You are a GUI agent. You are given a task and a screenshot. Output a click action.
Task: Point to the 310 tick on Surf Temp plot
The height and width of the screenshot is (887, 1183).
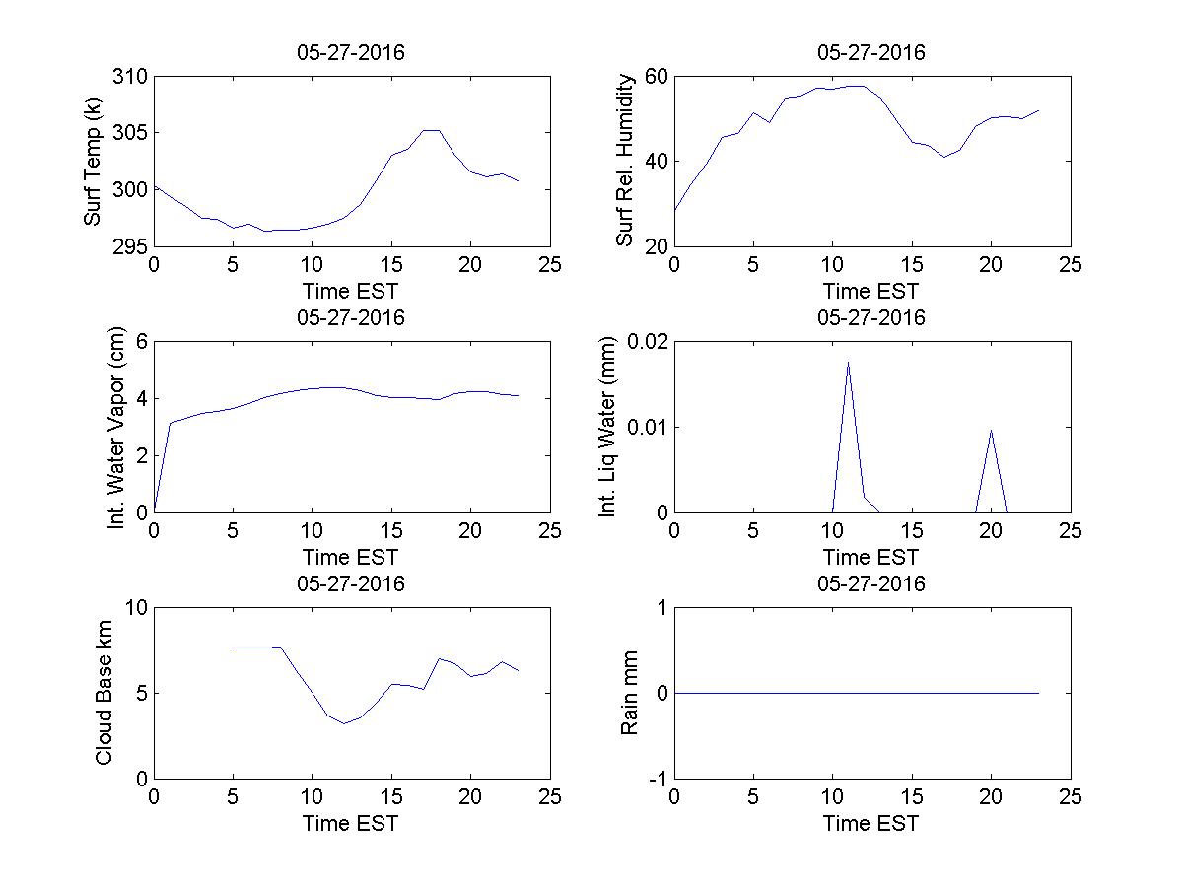point(131,77)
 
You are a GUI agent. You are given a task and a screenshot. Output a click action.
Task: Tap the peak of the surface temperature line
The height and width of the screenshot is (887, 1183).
point(431,130)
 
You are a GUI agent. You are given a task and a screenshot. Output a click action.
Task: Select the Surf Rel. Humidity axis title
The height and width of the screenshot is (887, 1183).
point(624,161)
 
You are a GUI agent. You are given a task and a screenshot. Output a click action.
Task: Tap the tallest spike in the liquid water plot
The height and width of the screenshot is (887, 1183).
point(848,362)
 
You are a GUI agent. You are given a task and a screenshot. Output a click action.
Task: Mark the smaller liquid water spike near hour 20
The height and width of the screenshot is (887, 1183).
point(991,430)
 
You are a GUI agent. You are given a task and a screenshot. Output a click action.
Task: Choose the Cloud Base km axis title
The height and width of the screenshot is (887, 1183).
point(104,692)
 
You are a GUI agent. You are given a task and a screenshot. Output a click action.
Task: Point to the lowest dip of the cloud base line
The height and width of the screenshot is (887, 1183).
point(344,723)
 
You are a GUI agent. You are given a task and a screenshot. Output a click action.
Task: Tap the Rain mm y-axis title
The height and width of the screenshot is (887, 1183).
point(629,692)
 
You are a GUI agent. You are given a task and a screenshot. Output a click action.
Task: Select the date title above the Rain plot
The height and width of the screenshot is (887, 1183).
point(871,583)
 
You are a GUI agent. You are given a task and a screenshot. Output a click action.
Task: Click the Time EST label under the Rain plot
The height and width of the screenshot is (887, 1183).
point(871,823)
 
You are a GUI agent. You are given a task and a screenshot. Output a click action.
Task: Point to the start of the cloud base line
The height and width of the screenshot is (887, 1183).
point(233,648)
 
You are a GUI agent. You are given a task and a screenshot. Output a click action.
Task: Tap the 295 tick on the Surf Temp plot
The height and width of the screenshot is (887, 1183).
point(131,245)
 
